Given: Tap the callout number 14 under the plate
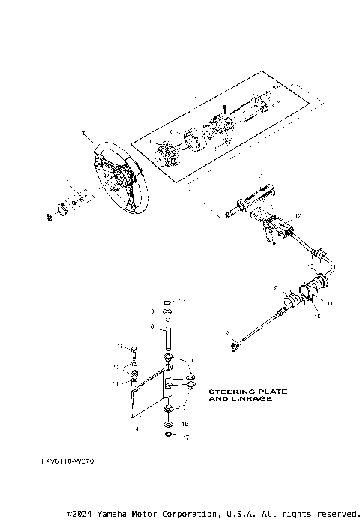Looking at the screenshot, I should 136,429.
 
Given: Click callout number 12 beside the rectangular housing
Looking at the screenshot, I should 297,216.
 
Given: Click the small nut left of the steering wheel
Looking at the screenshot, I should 49,217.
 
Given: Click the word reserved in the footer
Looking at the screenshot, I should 337,514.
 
